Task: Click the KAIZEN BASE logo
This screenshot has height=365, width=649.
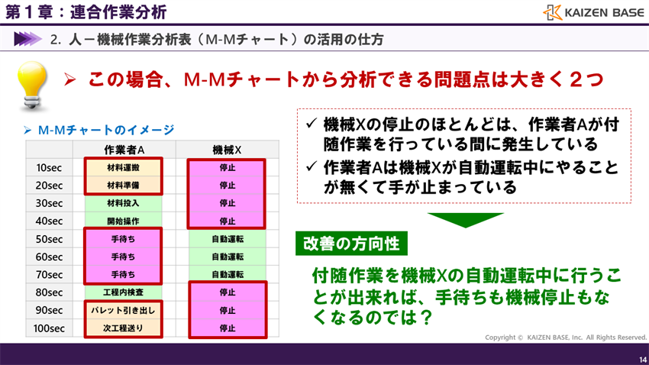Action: [x=591, y=12]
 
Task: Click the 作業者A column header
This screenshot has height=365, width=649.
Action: [x=124, y=150]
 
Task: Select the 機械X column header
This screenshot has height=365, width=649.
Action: [x=227, y=150]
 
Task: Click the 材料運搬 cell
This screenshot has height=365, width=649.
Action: [x=123, y=167]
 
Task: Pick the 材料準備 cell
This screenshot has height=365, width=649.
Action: [x=123, y=185]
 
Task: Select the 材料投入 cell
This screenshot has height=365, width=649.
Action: [x=123, y=203]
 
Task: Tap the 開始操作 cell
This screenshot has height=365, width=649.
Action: [x=123, y=221]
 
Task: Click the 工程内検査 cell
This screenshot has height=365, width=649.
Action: [x=123, y=292]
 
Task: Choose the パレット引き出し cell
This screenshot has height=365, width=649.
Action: [x=123, y=310]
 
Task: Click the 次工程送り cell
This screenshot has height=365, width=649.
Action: [x=123, y=328]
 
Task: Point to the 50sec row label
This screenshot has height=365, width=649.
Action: [x=49, y=239]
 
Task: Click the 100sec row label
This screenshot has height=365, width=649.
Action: [x=49, y=328]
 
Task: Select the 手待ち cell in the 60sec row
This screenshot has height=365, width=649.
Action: [x=123, y=257]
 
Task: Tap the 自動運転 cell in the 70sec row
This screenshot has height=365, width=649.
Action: [x=227, y=274]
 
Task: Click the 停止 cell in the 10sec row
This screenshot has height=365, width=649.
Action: [x=227, y=167]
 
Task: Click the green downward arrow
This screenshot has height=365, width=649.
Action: [x=463, y=220]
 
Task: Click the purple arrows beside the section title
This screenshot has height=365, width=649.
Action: [x=27, y=38]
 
